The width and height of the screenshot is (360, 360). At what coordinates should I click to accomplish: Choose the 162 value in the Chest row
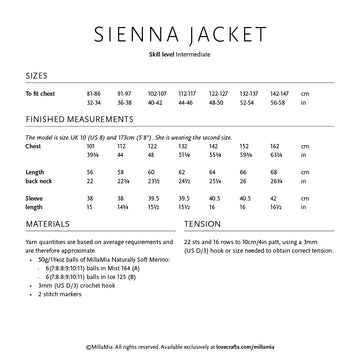(x=274, y=146)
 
